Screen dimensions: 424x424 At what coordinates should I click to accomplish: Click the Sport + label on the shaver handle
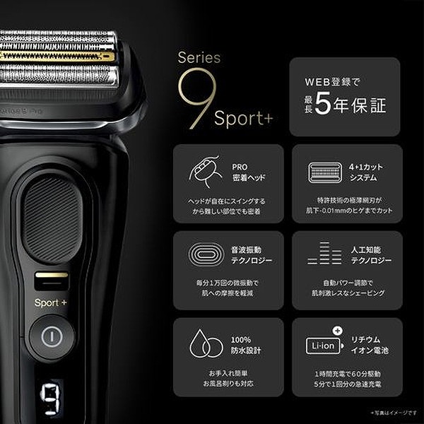[51, 302]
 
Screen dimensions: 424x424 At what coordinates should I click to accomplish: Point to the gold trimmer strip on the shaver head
[57, 55]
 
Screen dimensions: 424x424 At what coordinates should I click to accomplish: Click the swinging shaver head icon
[206, 172]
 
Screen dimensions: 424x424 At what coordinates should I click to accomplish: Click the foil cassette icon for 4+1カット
[325, 172]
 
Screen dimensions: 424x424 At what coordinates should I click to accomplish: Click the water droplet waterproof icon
[206, 345]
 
